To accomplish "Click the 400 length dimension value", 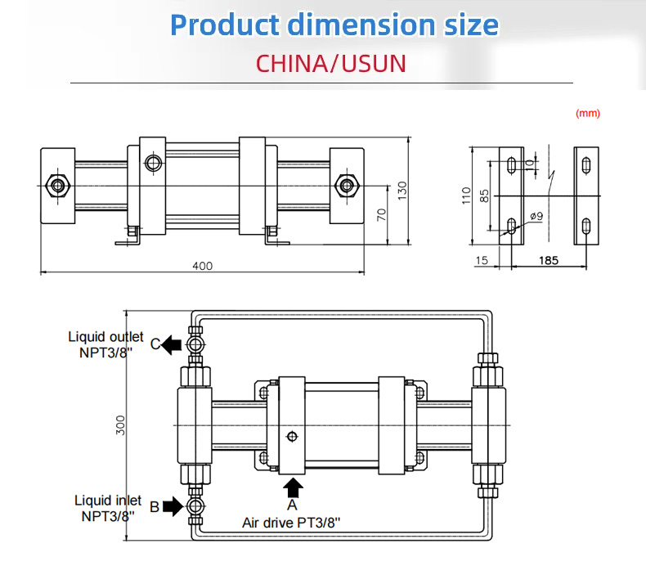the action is pos(202,266).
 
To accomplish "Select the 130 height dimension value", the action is pos(402,191).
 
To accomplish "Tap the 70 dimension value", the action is pos(382,215).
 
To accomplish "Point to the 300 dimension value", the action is pos(120,425).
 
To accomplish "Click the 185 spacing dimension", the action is pos(549,260).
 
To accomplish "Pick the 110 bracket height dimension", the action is pos(466,195).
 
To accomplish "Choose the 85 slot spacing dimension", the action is pos(484,195).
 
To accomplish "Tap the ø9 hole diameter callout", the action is pos(536,216).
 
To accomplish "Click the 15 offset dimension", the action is pos(482,260).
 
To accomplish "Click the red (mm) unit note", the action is pos(587,114).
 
